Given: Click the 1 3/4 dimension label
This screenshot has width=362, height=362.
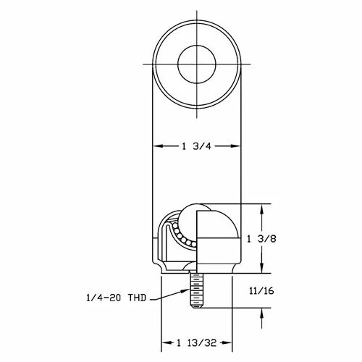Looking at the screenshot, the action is (196, 146).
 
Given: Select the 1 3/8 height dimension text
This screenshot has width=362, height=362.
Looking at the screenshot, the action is (261, 239).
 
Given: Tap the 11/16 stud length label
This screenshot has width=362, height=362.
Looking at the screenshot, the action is (261, 291).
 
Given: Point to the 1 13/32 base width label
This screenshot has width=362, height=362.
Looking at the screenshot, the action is (197, 342).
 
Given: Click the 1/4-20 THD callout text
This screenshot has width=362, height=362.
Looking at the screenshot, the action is (117, 298).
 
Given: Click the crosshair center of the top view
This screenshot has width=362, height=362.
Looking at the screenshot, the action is (197, 64).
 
